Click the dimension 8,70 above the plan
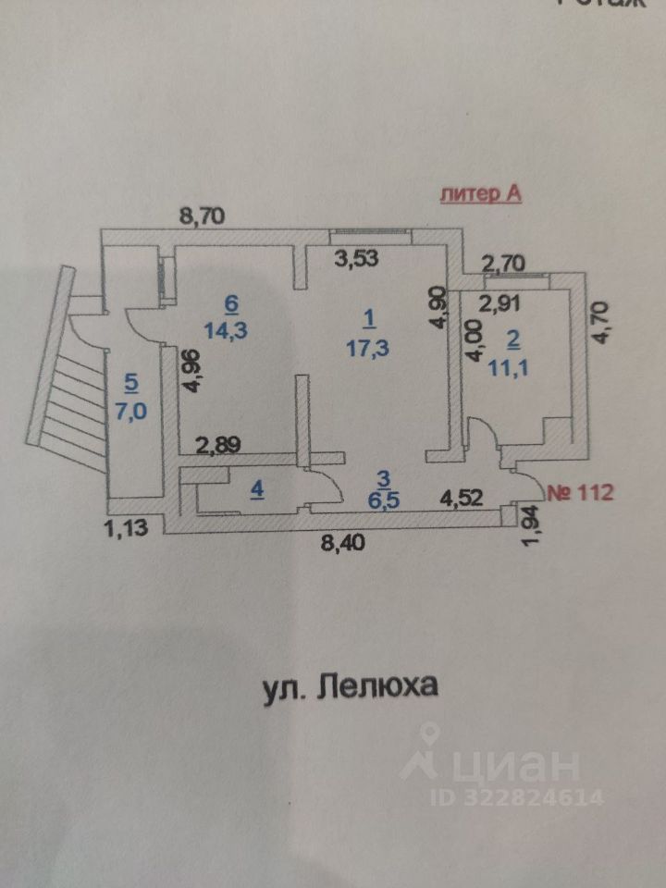coord(203,218)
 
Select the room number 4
coord(257,490)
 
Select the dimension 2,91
coord(499,300)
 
